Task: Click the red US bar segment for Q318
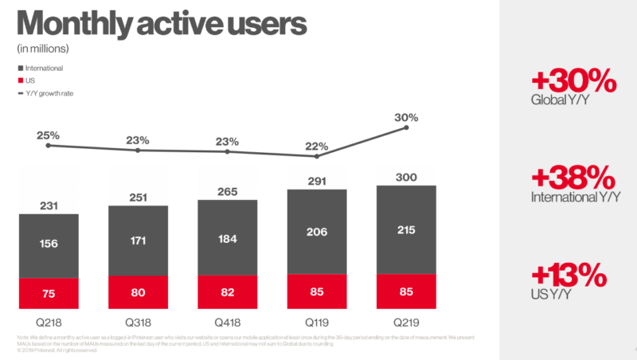tap(138, 292)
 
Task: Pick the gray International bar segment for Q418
tap(228, 238)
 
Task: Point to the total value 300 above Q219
tap(406, 177)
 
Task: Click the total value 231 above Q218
tap(48, 205)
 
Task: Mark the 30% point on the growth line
tap(407, 127)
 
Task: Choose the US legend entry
tap(35, 80)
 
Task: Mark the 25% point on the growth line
tap(49, 145)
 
